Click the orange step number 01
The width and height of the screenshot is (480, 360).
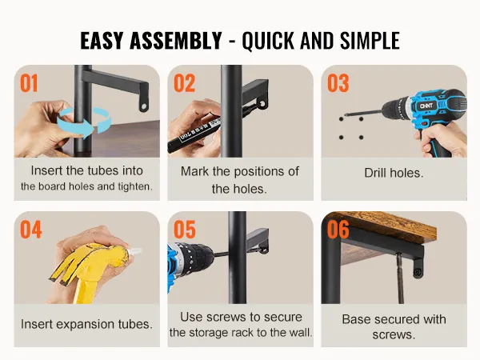(x=29, y=83)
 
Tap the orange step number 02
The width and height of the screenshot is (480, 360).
(x=184, y=83)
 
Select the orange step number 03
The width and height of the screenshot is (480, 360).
(x=338, y=83)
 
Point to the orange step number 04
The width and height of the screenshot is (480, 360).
(x=31, y=230)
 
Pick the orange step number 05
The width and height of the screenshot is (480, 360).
(x=185, y=230)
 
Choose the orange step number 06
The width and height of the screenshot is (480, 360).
(x=338, y=230)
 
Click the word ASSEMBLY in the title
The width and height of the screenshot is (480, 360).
(x=176, y=41)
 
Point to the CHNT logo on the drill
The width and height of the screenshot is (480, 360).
(x=426, y=106)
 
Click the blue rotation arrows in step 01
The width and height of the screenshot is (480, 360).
(x=84, y=121)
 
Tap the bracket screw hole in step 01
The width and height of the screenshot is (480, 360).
(x=143, y=106)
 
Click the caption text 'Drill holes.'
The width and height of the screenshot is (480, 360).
(x=394, y=173)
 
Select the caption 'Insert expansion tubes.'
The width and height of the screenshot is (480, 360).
(x=86, y=324)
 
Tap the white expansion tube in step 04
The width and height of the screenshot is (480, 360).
(x=135, y=252)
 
